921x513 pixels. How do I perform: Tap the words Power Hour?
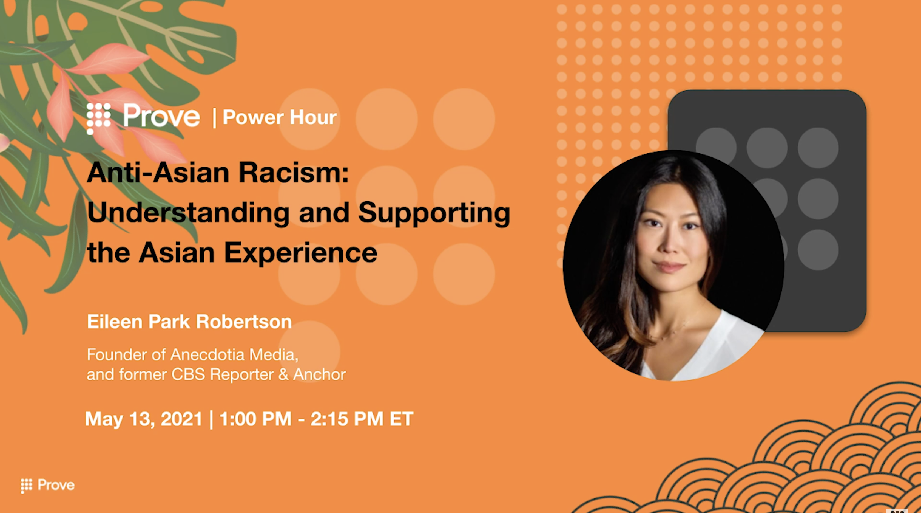(x=280, y=117)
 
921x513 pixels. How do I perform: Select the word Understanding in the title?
(x=188, y=213)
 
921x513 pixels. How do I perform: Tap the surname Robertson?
(x=244, y=322)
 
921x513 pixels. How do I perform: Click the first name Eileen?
(x=115, y=322)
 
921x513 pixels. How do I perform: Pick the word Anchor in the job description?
(x=319, y=374)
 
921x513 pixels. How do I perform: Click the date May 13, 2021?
(x=144, y=419)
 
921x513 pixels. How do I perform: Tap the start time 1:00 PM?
(x=255, y=419)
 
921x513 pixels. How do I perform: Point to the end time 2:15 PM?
(x=347, y=419)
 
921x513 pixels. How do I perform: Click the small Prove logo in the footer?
(x=47, y=485)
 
